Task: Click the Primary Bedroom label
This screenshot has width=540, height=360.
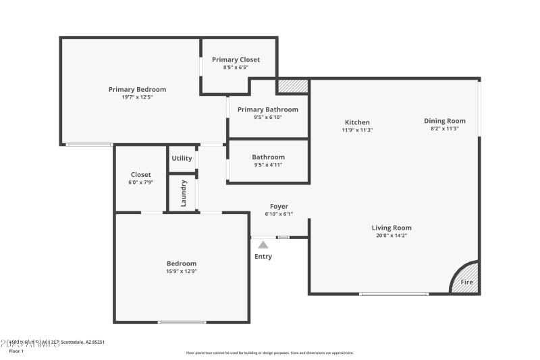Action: tap(137, 89)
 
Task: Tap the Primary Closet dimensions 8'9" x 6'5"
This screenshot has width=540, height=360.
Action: tap(236, 68)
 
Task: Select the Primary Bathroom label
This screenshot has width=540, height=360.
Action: tap(267, 109)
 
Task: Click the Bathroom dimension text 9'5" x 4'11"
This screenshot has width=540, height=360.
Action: tap(268, 165)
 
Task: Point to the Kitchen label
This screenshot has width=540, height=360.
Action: tap(357, 122)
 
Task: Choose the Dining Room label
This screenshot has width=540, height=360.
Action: tap(444, 121)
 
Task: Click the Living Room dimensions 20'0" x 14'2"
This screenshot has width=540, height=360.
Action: tap(391, 236)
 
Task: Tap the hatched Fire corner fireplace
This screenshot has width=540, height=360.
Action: tap(466, 280)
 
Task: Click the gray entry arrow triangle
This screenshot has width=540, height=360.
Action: tap(263, 245)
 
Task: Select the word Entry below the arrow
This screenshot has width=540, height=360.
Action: tap(263, 257)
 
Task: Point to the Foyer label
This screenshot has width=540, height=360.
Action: tap(279, 207)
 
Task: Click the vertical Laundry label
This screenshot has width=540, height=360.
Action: tap(183, 193)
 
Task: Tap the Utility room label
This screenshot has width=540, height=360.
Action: tap(182, 158)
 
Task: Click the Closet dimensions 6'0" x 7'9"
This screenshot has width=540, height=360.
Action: tap(141, 182)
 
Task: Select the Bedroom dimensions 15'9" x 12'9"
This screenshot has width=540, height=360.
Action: tap(182, 272)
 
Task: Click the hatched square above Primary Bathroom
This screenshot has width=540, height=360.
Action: tap(292, 86)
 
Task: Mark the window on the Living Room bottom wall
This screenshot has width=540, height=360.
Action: tap(394, 294)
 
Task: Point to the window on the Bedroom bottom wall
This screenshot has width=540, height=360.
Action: tap(182, 322)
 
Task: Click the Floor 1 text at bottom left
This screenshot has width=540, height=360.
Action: tap(16, 351)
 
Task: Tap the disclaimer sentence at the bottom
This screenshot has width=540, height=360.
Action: tap(269, 353)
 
